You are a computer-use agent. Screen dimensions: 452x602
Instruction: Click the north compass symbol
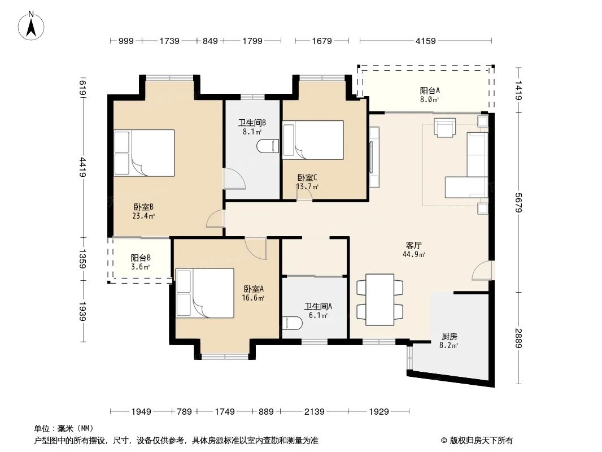33,25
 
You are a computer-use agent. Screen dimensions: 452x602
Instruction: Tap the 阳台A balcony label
429,94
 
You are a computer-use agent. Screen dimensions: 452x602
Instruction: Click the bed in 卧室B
144,153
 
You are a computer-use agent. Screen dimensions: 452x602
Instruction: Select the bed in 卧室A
204,293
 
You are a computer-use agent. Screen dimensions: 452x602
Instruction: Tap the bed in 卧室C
313,140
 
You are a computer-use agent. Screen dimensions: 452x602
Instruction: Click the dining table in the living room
380,299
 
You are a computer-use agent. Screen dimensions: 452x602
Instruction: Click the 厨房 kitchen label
450,338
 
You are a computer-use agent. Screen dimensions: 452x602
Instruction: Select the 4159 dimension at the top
425,41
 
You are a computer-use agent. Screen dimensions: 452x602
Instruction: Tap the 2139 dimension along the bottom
313,412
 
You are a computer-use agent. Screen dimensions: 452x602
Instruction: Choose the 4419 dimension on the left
83,167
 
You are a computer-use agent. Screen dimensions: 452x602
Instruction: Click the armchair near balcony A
444,127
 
